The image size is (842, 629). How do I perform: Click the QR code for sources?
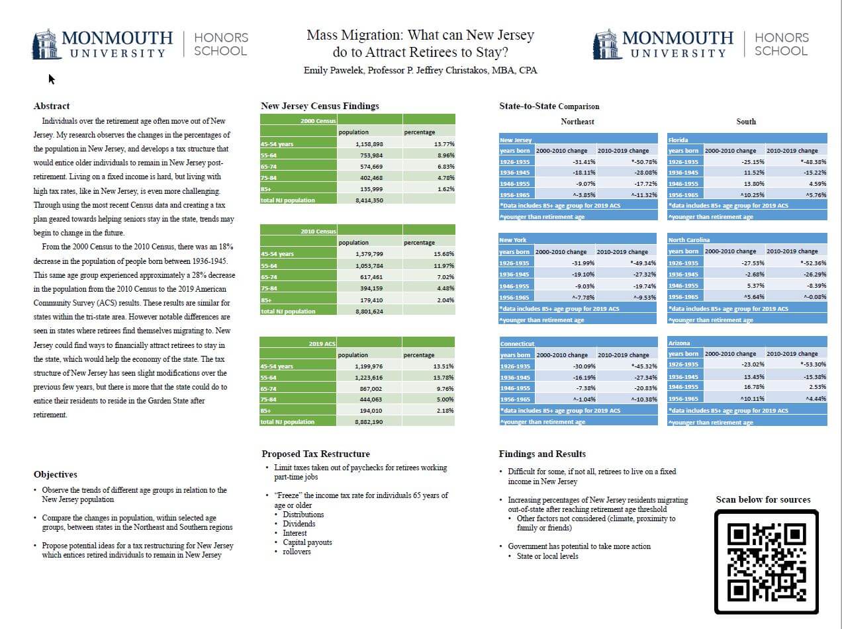click(x=767, y=562)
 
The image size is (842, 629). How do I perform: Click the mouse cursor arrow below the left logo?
click(x=51, y=79)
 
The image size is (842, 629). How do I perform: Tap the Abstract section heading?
click(x=51, y=106)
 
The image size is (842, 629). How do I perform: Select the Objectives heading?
click(x=55, y=474)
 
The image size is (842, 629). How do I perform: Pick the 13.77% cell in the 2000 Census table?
click(x=444, y=144)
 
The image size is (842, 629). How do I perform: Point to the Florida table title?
click(x=678, y=140)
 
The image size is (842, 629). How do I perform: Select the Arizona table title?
click(x=679, y=343)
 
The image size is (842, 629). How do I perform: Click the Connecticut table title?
click(x=517, y=344)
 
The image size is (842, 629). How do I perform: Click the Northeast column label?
click(x=577, y=122)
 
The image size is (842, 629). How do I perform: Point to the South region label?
click(x=745, y=122)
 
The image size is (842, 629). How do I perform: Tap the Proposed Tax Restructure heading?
click(x=315, y=454)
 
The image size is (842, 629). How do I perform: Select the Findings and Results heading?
click(x=541, y=454)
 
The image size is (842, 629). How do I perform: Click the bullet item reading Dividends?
click(x=299, y=524)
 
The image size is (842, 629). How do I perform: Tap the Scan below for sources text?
click(x=763, y=499)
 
